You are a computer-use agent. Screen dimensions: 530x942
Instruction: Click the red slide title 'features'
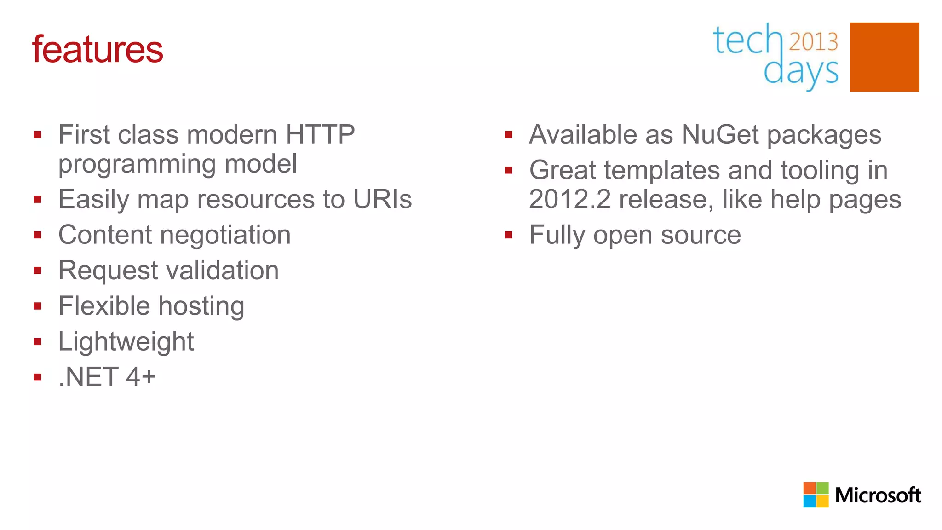[98, 49]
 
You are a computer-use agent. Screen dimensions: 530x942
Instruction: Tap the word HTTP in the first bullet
[320, 135]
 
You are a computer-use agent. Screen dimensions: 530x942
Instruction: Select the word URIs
[382, 199]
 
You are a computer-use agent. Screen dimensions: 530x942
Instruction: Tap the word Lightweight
[126, 342]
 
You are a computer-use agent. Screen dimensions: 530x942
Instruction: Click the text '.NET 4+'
[107, 377]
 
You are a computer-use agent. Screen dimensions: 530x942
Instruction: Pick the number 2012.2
[570, 199]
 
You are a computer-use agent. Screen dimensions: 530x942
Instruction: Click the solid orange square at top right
[884, 57]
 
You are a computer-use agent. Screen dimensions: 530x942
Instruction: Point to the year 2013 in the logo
[813, 42]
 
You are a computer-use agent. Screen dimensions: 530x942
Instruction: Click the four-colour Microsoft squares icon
[816, 495]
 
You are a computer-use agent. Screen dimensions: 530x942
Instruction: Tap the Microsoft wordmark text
[878, 495]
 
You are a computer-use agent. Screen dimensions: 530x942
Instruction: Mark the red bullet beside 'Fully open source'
[508, 235]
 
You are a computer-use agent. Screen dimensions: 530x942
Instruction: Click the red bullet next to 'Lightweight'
[38, 341]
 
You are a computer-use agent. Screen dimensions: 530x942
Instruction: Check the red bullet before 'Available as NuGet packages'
[508, 135]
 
